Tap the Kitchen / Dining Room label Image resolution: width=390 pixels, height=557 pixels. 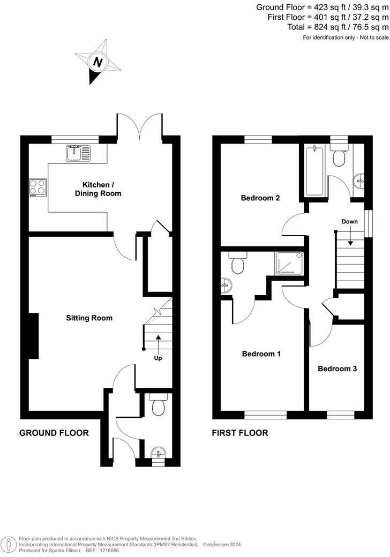pyautogui.click(x=98, y=189)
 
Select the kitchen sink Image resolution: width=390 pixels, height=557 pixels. pyautogui.click(x=80, y=153)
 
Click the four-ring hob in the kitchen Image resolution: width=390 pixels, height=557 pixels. pyautogui.click(x=37, y=187)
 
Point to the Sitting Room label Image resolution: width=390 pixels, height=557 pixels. pyautogui.click(x=89, y=318)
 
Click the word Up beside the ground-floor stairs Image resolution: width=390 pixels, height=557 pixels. pyautogui.click(x=158, y=358)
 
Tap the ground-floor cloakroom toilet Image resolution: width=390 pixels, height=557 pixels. pyautogui.click(x=158, y=407)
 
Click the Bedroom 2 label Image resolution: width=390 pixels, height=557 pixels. pyautogui.click(x=260, y=198)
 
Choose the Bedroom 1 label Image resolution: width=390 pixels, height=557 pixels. pyautogui.click(x=261, y=354)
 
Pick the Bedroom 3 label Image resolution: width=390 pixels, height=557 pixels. pyautogui.click(x=337, y=368)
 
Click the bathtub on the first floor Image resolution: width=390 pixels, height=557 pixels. pyautogui.click(x=314, y=171)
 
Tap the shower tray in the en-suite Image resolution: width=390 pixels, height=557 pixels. pyautogui.click(x=289, y=264)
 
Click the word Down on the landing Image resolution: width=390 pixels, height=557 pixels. pyautogui.click(x=350, y=221)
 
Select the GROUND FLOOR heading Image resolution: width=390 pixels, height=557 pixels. pyautogui.click(x=54, y=433)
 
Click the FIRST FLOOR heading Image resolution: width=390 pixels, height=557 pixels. pyautogui.click(x=240, y=433)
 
